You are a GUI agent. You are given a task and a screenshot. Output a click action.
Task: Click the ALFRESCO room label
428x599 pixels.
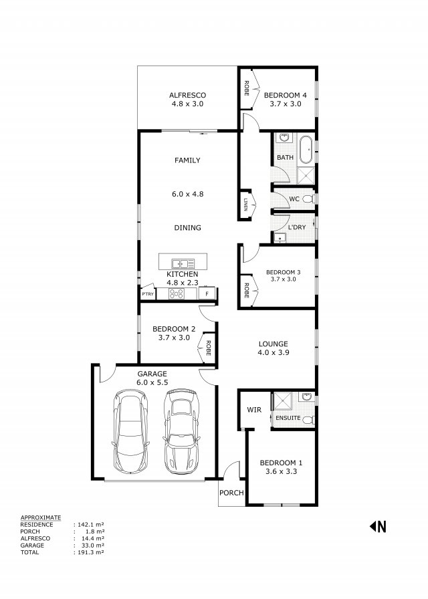(187, 95)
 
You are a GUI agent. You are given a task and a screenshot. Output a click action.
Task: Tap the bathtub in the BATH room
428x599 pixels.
(306, 149)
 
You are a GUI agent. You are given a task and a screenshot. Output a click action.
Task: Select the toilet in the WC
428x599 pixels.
(309, 199)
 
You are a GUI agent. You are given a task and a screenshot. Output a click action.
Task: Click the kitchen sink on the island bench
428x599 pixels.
(183, 263)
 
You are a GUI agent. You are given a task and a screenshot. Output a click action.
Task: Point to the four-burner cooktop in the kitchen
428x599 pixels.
(177, 293)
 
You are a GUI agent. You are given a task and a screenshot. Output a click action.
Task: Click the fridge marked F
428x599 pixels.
(207, 293)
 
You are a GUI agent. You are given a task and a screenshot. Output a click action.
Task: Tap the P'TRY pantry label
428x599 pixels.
(148, 293)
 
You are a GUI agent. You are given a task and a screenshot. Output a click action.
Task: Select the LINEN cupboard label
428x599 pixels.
(245, 205)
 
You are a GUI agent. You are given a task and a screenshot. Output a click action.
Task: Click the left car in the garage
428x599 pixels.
(130, 431)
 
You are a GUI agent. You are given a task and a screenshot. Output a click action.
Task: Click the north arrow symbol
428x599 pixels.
(378, 527)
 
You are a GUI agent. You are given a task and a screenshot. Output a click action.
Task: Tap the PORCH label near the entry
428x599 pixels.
(231, 493)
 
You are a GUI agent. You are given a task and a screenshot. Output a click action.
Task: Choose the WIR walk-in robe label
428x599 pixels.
(254, 410)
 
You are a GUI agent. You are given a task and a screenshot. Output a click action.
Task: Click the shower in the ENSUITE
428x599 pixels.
(282, 401)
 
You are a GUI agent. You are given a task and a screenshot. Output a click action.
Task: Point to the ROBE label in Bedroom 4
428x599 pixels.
(247, 88)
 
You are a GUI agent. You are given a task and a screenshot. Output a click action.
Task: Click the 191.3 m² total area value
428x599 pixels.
(90, 552)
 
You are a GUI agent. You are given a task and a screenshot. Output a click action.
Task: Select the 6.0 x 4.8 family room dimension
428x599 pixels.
(188, 194)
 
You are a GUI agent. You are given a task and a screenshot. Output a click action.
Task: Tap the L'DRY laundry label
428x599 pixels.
(297, 227)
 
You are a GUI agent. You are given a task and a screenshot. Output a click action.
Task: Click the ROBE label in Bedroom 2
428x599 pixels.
(209, 348)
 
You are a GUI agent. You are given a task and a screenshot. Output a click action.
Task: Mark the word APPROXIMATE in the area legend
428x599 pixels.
(41, 517)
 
